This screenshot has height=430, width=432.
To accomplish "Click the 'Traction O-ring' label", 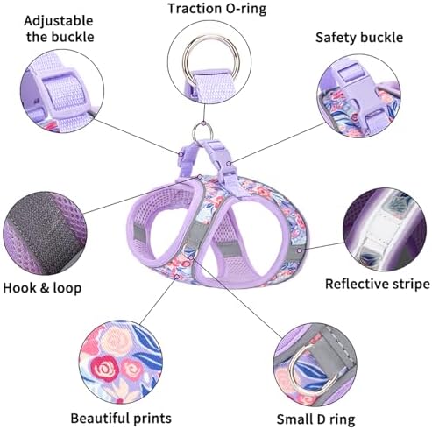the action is [x=217, y=9].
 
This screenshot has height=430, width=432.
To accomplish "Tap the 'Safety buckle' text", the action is [x=359, y=38].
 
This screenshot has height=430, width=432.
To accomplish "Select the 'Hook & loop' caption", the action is [x=42, y=288].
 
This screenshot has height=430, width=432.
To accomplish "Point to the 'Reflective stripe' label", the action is [x=378, y=284].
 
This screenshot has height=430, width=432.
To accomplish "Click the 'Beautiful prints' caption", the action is [x=121, y=419].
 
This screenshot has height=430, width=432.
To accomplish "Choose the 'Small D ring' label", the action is [x=315, y=419].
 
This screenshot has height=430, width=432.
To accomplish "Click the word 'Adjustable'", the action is [x=59, y=21].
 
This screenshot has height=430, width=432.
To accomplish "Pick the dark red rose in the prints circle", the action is [x=104, y=369].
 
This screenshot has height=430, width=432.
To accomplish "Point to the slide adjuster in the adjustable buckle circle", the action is [x=62, y=90].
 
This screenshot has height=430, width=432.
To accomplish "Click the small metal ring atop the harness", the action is [x=202, y=132].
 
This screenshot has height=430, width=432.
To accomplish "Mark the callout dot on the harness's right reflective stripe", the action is [x=300, y=250].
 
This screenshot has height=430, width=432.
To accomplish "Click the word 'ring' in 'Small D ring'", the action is [x=342, y=420].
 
